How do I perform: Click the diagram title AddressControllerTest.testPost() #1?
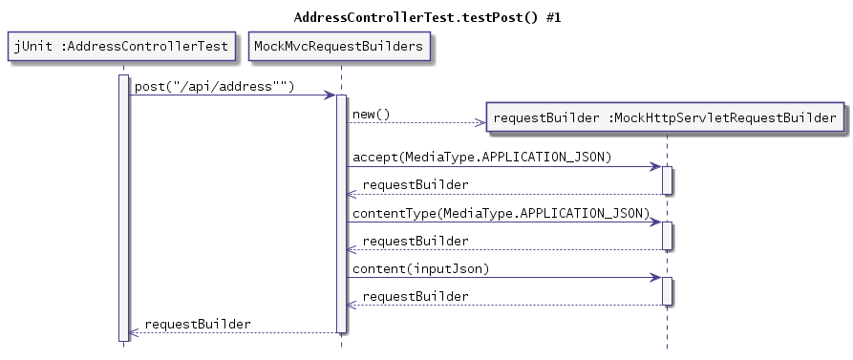(x=427, y=17)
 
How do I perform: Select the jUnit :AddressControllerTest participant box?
(x=122, y=46)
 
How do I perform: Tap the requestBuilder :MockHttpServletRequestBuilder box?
(x=666, y=118)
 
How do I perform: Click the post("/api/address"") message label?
(x=214, y=86)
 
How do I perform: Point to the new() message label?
(x=372, y=115)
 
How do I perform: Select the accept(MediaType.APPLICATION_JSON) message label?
(x=482, y=157)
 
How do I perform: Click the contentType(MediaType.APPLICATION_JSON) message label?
(x=501, y=212)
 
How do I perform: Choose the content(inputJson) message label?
(x=421, y=268)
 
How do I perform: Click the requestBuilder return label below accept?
(x=416, y=184)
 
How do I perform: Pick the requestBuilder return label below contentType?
(x=416, y=240)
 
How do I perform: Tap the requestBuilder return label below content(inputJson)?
(x=416, y=296)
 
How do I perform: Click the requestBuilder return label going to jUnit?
(x=198, y=324)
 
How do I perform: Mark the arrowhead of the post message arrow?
(x=330, y=95)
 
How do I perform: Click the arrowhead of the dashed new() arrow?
(x=480, y=122)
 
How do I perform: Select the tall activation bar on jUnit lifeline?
(x=123, y=206)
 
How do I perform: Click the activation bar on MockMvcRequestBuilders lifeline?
(x=341, y=214)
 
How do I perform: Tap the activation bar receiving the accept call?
(x=667, y=180)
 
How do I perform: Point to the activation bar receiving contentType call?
(x=667, y=236)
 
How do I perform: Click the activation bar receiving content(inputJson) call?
(x=667, y=291)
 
